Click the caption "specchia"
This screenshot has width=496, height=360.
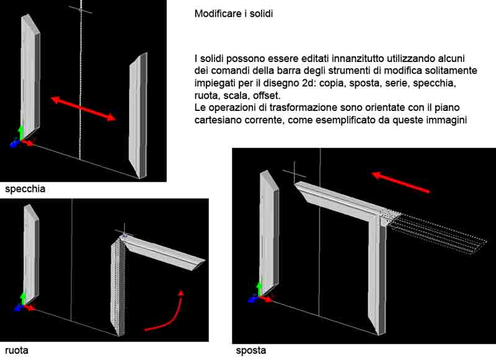pos(25,189)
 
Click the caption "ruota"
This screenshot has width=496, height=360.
pos(17,350)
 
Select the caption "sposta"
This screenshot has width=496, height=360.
pos(251,351)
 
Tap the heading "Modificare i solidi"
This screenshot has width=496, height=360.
pos(234,14)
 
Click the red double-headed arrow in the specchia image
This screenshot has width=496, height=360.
pos(83,109)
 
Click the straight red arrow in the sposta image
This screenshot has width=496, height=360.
pos(400,182)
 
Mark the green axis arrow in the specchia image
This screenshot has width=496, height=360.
pos(21,133)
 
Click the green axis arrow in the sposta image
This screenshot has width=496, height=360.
pos(259,289)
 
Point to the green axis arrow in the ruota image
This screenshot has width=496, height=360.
pos(23,299)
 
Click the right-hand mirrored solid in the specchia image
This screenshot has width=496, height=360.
pos(138,115)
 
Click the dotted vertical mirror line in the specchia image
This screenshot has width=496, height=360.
pos(81,79)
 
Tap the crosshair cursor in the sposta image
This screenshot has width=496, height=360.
pos(294,173)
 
